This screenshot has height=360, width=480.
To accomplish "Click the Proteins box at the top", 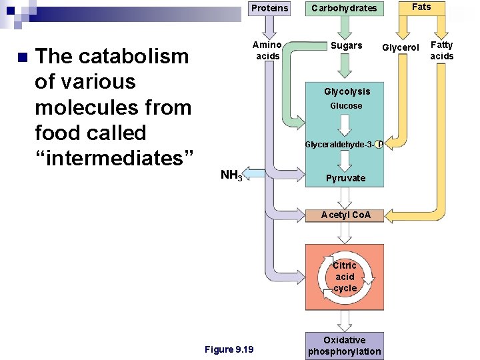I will pyautogui.click(x=270, y=8).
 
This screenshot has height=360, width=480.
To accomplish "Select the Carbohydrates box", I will pyautogui.click(x=344, y=8).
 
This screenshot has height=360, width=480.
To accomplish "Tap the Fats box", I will pyautogui.click(x=421, y=7).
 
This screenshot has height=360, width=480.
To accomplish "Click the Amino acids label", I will pyautogui.click(x=268, y=51).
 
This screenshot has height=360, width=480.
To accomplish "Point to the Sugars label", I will pyautogui.click(x=347, y=45).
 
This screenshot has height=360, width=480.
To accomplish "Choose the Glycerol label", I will pyautogui.click(x=400, y=47).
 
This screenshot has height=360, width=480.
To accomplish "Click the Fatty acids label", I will pyautogui.click(x=441, y=51).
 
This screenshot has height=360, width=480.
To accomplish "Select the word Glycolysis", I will pyautogui.click(x=347, y=91).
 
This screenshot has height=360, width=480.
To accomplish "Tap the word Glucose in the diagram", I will pyautogui.click(x=346, y=106).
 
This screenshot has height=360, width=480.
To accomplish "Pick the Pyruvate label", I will pyautogui.click(x=345, y=178).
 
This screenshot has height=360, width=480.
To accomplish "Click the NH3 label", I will pyautogui.click(x=231, y=176).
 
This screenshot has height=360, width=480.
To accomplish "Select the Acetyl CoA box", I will pyautogui.click(x=345, y=215).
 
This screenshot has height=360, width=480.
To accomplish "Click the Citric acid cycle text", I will pyautogui.click(x=345, y=277).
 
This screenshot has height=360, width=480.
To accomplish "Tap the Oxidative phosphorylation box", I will pyautogui.click(x=345, y=345).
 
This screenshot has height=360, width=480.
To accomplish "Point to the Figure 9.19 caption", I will pyautogui.click(x=229, y=349).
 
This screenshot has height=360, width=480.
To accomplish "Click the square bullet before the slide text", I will pyautogui.click(x=23, y=57).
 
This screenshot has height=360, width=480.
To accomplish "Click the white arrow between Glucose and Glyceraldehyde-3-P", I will pyautogui.click(x=345, y=125).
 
